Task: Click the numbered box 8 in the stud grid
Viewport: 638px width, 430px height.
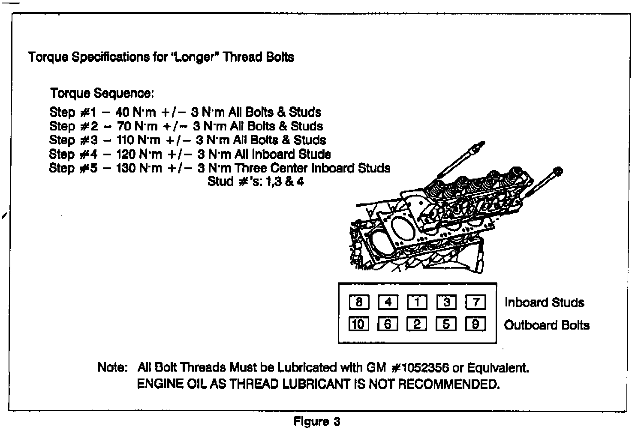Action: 359,303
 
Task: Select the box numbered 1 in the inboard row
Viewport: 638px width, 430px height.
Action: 417,303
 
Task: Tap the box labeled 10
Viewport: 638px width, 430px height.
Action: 358,324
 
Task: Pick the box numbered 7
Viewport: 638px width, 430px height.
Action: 475,303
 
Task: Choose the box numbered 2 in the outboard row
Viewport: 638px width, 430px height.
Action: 417,324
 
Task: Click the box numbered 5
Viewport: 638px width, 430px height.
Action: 446,324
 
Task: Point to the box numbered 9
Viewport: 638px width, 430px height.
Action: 475,324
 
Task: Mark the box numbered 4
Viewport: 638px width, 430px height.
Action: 388,303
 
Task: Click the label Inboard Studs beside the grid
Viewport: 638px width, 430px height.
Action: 544,303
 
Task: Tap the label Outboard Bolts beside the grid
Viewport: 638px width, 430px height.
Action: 547,325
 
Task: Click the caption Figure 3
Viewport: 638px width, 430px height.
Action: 317,421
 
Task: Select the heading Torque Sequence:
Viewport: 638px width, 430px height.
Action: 102,93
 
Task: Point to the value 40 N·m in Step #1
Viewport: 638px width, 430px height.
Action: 135,112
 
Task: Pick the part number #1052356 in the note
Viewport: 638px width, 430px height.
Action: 420,368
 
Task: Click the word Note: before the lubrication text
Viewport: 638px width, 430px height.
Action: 112,368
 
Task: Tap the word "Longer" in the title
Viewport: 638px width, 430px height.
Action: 192,57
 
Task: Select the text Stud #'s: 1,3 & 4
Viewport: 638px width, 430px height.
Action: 256,182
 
